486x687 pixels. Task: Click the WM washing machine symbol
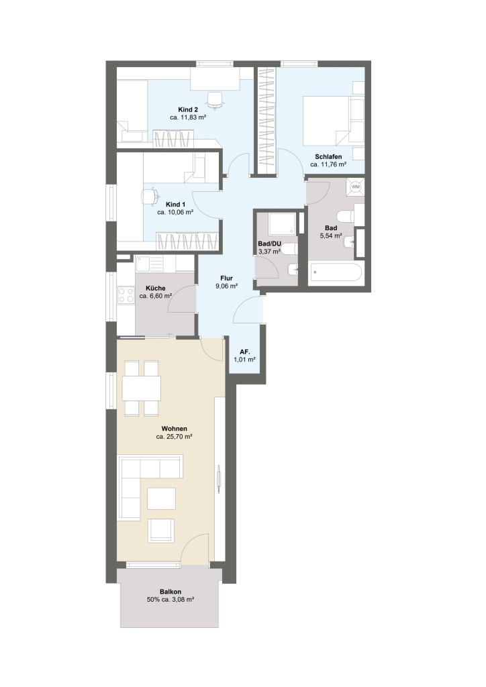(x=355, y=187)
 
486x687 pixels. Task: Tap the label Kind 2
(x=188, y=109)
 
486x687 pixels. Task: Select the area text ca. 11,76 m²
(x=328, y=165)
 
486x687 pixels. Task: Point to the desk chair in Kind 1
(x=150, y=196)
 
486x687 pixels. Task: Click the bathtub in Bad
(x=336, y=274)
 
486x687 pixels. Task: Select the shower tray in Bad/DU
(x=282, y=224)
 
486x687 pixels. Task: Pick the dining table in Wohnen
(x=142, y=388)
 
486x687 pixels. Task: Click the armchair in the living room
(x=161, y=530)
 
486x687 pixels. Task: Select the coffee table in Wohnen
(x=161, y=498)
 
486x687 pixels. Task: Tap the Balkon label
(x=171, y=592)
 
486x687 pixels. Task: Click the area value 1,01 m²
(x=244, y=360)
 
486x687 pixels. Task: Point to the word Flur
(x=227, y=278)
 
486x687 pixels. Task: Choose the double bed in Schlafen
(x=334, y=121)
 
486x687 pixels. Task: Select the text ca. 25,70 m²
(x=175, y=437)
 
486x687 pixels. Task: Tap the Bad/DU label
(x=269, y=244)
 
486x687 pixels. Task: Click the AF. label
(x=245, y=352)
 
